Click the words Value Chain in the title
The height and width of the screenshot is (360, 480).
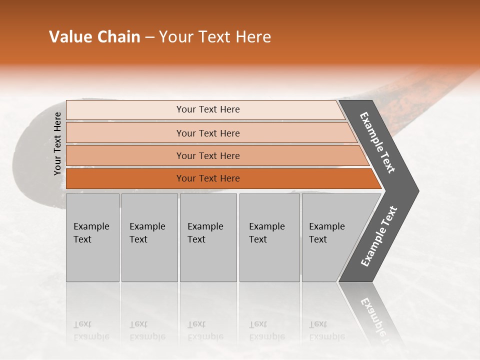(x=94, y=37)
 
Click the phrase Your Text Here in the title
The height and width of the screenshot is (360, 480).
(x=215, y=37)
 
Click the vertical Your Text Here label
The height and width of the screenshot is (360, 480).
(x=57, y=143)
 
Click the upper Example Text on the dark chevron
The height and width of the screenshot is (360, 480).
(x=378, y=142)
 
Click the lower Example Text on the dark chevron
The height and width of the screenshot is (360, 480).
(x=379, y=236)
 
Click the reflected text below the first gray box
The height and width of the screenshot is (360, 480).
(x=91, y=330)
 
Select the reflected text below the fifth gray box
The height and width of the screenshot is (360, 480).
(x=326, y=330)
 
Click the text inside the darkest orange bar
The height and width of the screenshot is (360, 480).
(x=208, y=178)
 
